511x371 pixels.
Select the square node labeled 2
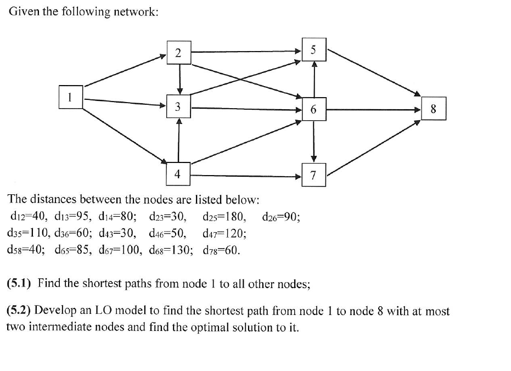[178, 53]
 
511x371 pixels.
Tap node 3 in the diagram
[178, 108]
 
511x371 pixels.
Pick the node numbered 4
[178, 174]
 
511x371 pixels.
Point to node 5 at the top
[313, 49]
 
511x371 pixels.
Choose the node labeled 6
[313, 109]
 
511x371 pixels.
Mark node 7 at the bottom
[313, 176]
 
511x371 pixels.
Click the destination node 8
[434, 109]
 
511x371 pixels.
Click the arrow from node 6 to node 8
[373, 109]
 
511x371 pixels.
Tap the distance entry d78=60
[221, 251]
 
